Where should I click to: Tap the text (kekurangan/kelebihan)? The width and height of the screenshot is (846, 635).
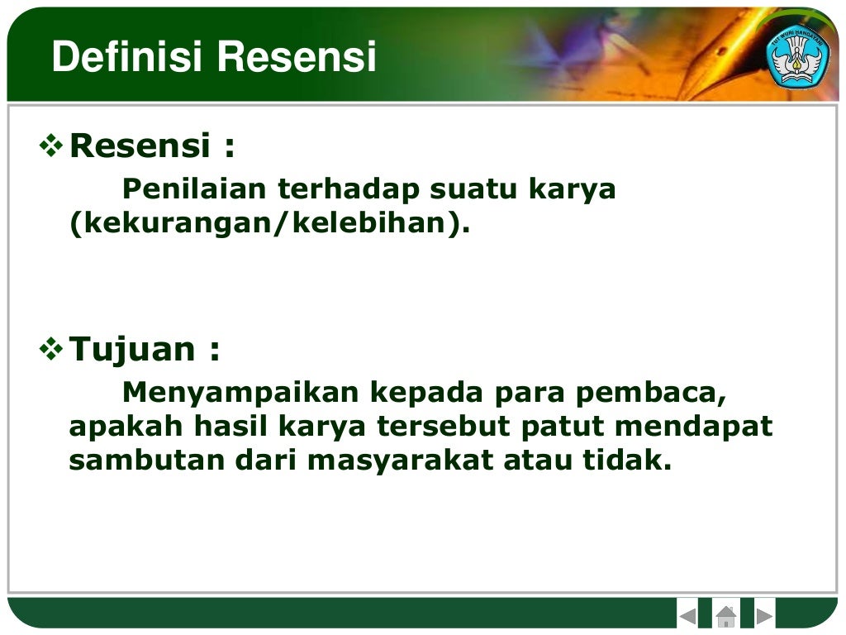pyautogui.click(x=269, y=224)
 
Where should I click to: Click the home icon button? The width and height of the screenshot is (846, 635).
pyautogui.click(x=725, y=616)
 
